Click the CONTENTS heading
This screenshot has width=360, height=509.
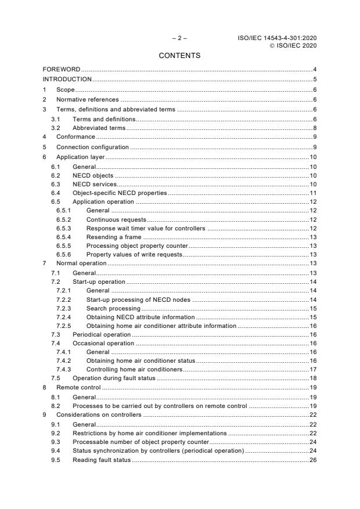click(x=179, y=56)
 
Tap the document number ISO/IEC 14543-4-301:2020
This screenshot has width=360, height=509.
click(x=278, y=38)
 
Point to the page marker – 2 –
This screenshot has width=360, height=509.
click(x=179, y=38)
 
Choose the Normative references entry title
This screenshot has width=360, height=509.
click(x=87, y=99)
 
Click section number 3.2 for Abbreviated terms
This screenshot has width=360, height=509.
click(x=56, y=127)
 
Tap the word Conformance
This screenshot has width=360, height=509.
click(x=75, y=136)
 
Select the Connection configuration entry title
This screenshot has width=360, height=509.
click(x=92, y=147)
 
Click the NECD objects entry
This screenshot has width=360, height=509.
click(x=93, y=175)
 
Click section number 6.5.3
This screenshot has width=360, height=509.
click(x=64, y=229)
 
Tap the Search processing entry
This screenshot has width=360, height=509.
click(x=113, y=308)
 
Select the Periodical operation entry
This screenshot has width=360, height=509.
click(x=101, y=334)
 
